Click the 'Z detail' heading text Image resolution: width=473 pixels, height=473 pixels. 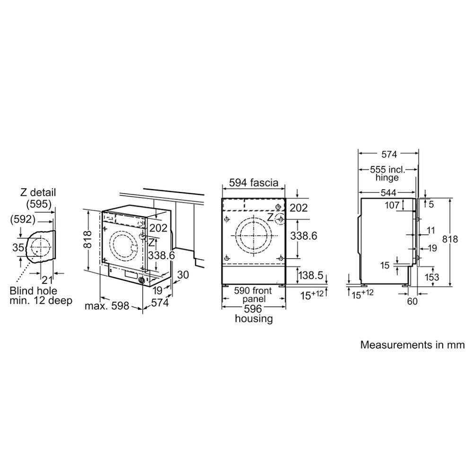tap(38, 192)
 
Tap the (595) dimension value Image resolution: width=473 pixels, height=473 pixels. tap(39, 204)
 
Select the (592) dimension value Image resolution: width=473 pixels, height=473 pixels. tap(23, 219)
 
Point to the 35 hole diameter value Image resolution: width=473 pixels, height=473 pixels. tap(18, 247)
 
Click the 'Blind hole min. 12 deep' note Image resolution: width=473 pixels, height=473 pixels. tap(41, 296)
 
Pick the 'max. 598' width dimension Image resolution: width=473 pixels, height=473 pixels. tap(107, 306)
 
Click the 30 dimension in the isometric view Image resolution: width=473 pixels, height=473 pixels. tap(183, 274)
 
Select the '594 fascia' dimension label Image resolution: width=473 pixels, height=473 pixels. tap(254, 183)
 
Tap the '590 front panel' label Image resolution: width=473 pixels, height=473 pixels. tap(253, 295)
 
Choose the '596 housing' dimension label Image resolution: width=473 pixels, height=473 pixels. tap(254, 314)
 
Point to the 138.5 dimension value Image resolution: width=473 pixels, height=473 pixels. tap(311, 275)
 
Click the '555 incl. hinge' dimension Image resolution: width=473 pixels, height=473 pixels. tap(387, 173)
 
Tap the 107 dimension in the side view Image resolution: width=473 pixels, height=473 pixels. tap(392, 205)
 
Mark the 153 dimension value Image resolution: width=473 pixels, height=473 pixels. tap(432, 277)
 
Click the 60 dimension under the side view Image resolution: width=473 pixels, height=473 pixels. tap(412, 301)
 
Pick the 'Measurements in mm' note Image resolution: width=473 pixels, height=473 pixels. tap(412, 344)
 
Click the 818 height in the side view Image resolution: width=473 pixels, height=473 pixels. tap(450, 239)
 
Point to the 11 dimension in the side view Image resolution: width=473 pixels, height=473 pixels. tap(431, 230)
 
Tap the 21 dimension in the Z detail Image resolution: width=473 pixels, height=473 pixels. tap(47, 280)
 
